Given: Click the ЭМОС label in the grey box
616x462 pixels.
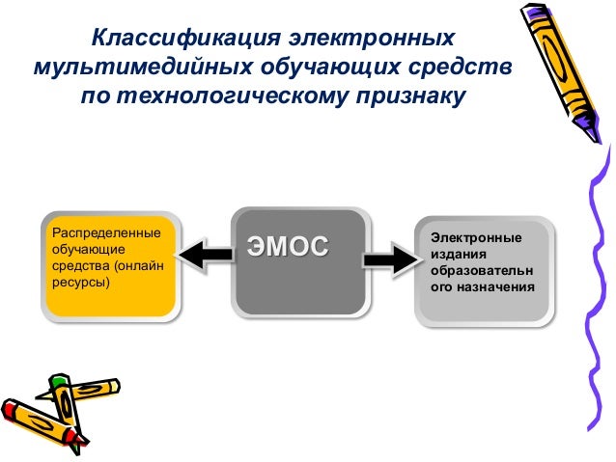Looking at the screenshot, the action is point(288,245).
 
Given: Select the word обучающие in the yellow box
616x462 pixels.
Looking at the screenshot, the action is point(80,250).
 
